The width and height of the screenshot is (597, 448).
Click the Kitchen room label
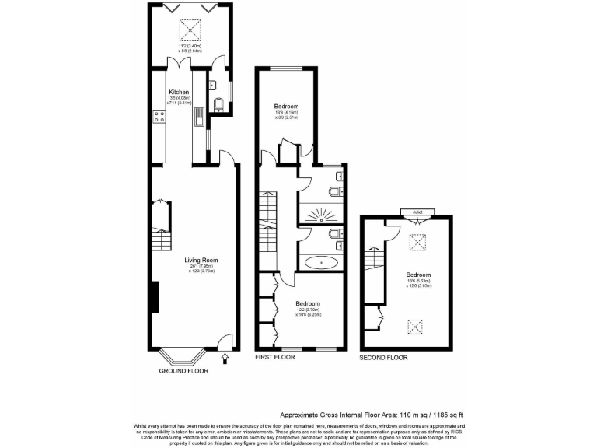pos(179,91)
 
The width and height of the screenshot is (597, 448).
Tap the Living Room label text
pos(201,260)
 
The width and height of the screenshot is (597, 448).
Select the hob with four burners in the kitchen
pos(159,117)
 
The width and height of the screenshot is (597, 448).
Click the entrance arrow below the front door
pos(225,359)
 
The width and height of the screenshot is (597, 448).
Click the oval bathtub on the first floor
pos(319,262)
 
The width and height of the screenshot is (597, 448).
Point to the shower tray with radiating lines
pos(320,210)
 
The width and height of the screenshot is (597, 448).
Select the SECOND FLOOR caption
pos(383,358)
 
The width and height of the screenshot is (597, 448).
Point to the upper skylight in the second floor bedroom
pos(417,243)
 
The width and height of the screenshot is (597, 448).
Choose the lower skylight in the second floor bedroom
pos(417,324)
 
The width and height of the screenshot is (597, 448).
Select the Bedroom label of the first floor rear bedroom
pos(286,106)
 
